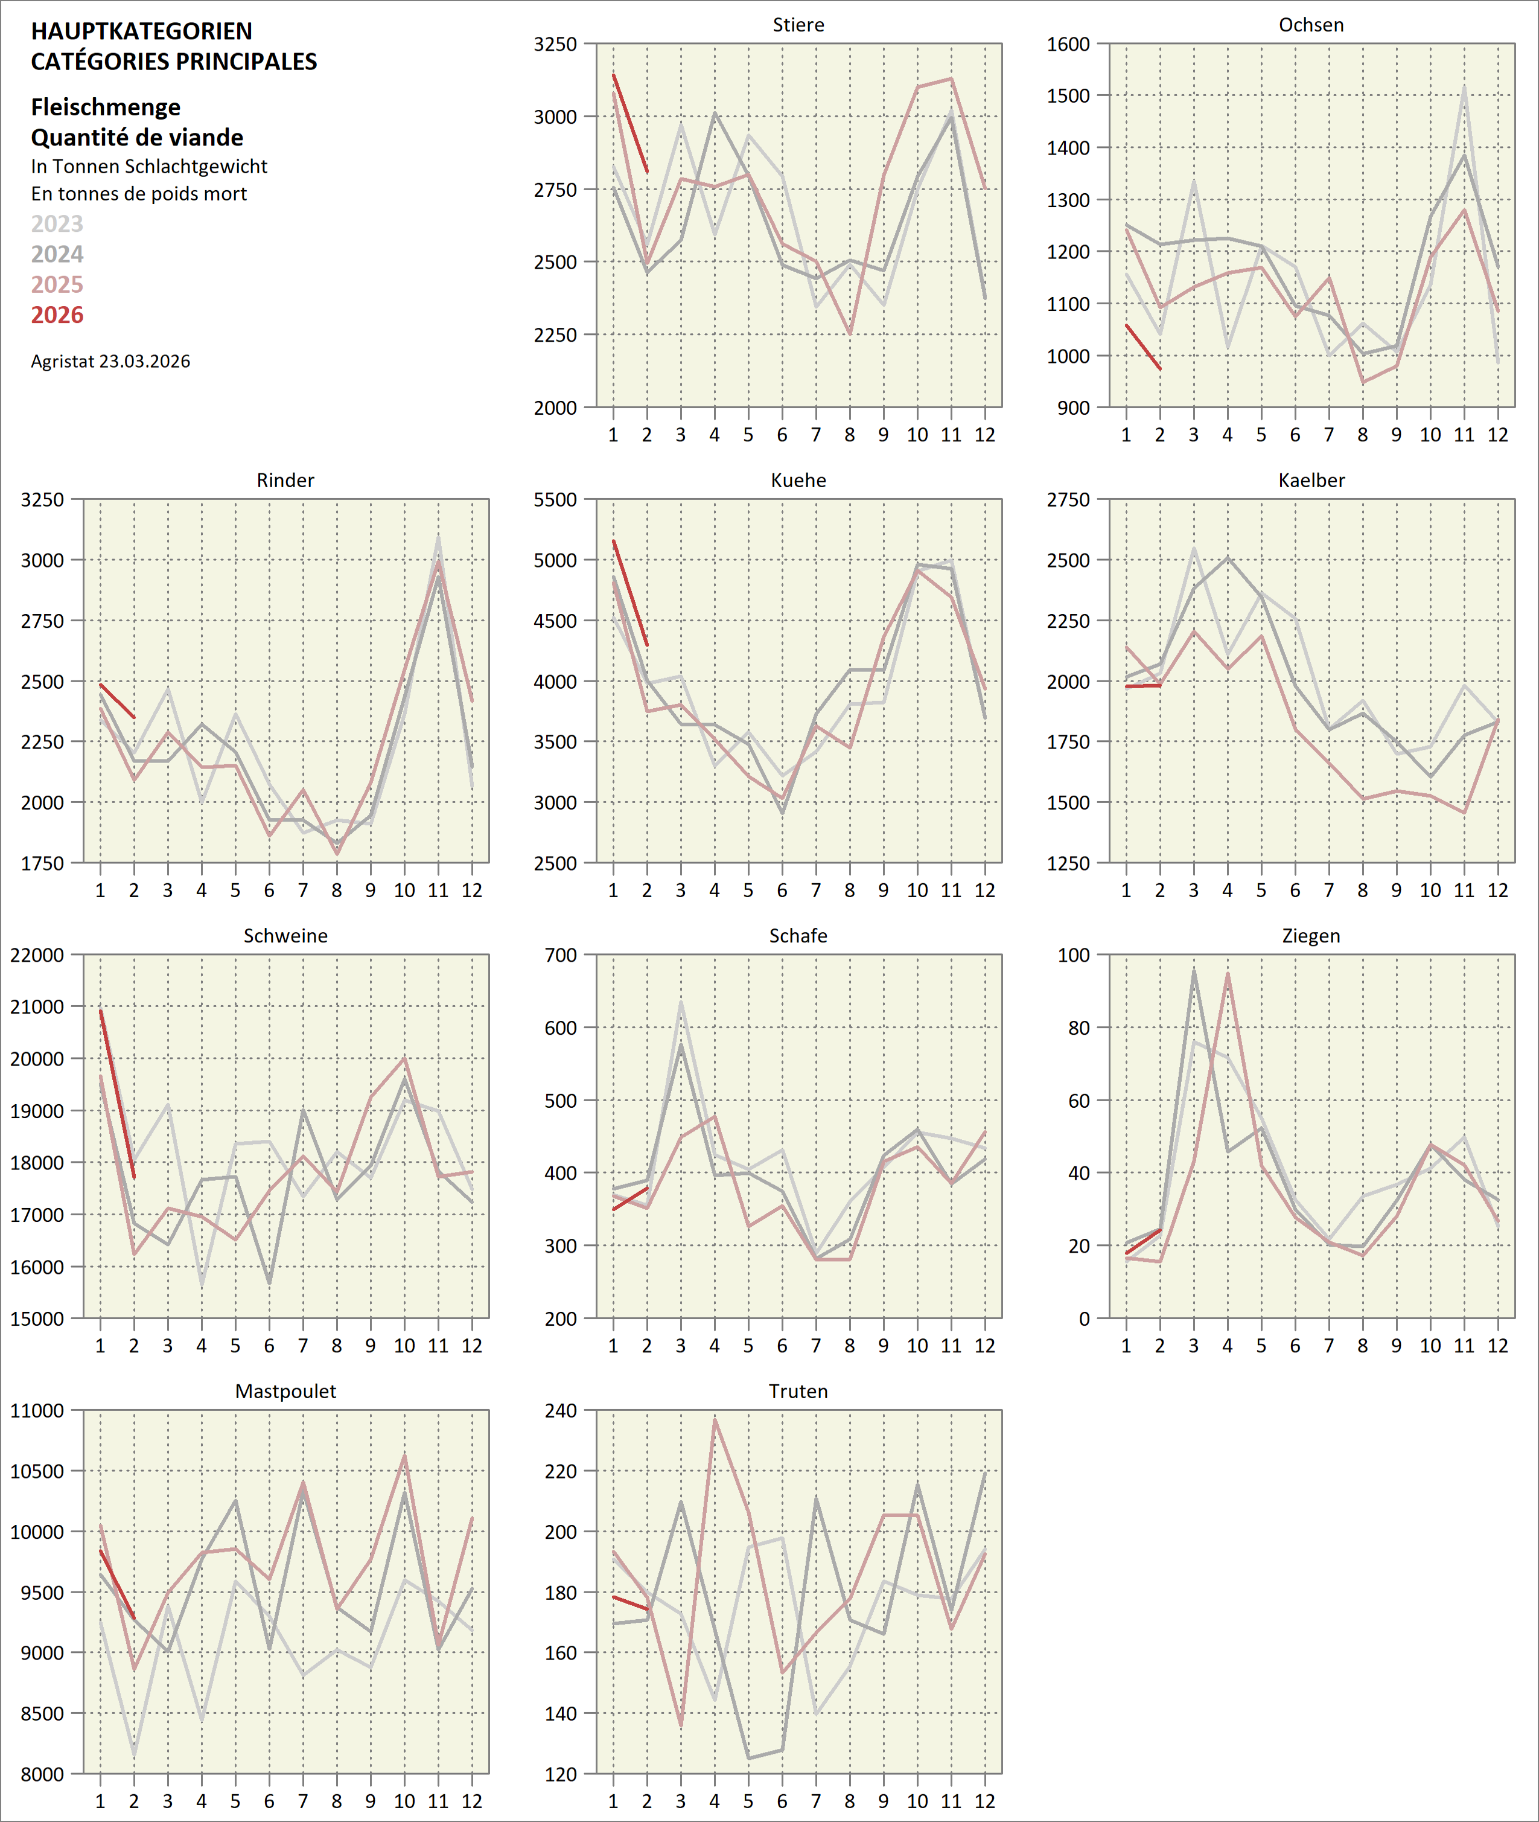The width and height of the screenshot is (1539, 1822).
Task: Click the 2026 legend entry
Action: (57, 315)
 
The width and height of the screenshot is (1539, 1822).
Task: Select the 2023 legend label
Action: (57, 224)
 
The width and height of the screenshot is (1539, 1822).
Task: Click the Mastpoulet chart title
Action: (285, 1391)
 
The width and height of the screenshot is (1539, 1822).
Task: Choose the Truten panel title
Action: (798, 1391)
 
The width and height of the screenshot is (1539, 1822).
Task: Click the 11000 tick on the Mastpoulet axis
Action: (37, 1411)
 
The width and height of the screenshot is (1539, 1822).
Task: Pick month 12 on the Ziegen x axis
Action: (1497, 1346)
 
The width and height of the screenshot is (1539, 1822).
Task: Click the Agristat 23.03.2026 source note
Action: (111, 361)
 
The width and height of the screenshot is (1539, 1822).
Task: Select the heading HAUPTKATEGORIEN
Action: (141, 31)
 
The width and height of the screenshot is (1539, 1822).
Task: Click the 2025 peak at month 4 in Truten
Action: (715, 1420)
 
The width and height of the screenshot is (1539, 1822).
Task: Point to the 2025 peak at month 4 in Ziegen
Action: (1228, 974)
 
